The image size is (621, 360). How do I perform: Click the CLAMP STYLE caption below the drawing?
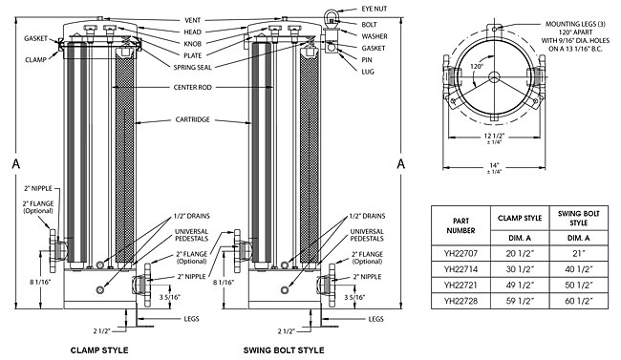(x=100, y=350)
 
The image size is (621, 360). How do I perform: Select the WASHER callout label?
(x=374, y=35)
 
